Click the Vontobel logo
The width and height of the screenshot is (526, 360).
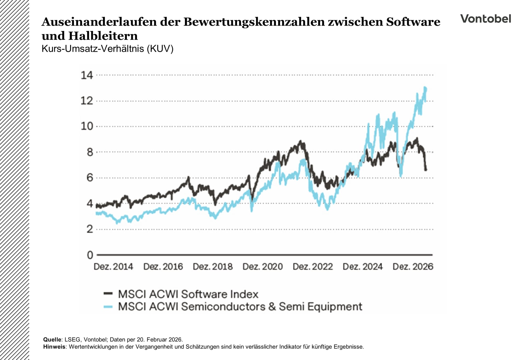tap(485, 19)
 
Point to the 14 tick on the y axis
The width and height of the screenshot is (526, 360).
tap(87, 75)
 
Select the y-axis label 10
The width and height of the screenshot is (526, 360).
tap(87, 126)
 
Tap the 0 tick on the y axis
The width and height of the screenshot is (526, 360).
tap(90, 255)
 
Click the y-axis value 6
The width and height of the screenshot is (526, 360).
tap(90, 178)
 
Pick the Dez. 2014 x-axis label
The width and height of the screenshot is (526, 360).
tap(113, 267)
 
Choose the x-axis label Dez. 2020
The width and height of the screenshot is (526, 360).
tap(262, 267)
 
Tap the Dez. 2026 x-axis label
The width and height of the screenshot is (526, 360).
tap(413, 267)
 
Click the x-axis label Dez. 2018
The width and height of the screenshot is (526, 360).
tap(213, 267)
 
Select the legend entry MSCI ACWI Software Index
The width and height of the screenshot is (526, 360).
tap(188, 294)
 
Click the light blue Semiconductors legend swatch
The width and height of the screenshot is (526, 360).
tap(108, 307)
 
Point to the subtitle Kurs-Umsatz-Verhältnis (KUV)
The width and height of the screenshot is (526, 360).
tap(107, 49)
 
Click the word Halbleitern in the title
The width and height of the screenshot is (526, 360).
tap(103, 36)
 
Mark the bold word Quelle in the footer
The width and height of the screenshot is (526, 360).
tap(52, 340)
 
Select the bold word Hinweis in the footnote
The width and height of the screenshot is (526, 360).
tap(54, 347)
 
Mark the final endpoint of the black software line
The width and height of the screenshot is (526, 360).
tap(426, 170)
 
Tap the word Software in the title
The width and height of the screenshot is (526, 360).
tap(413, 22)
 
